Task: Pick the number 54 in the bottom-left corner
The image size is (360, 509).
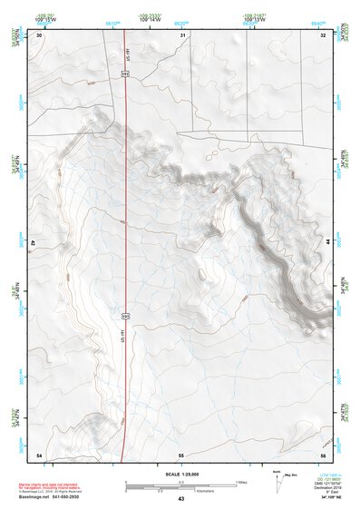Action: [x=38, y=454]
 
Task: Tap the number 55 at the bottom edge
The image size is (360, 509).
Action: [x=181, y=454]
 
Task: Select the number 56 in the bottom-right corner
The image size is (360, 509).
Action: [x=323, y=454]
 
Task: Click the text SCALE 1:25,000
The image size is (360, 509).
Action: [x=180, y=474]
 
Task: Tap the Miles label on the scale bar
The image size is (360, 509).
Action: [x=241, y=481]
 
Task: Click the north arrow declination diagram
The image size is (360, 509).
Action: [x=278, y=482]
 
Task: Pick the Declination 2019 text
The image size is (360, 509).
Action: [x=325, y=486]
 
